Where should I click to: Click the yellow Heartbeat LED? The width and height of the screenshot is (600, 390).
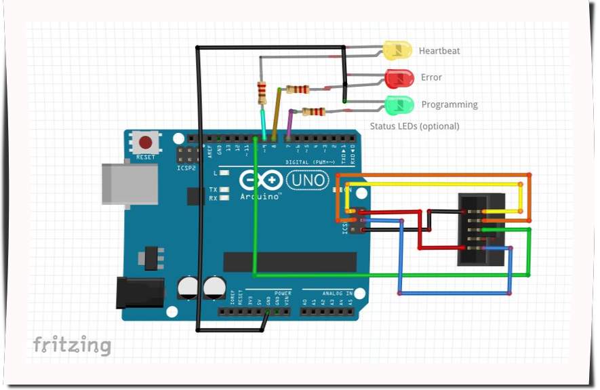click(398, 50)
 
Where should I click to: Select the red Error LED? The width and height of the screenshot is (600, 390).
click(399, 78)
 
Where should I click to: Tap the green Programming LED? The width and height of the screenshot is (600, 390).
click(399, 105)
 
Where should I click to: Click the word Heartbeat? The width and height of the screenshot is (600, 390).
click(439, 51)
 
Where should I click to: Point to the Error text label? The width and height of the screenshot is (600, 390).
click(431, 77)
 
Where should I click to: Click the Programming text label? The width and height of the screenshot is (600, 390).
click(449, 104)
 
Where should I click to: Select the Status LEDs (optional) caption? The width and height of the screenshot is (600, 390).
click(414, 126)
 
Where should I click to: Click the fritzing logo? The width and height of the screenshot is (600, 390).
click(71, 345)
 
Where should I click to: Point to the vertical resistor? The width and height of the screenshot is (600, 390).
click(262, 92)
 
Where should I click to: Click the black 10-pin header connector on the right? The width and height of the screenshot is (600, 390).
click(481, 229)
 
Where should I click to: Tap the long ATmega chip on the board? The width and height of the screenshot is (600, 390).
click(290, 261)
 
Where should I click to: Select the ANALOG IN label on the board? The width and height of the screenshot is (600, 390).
click(337, 294)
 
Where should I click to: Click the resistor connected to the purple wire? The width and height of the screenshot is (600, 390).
click(314, 112)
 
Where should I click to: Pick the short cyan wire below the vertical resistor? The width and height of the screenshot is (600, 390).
click(264, 124)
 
